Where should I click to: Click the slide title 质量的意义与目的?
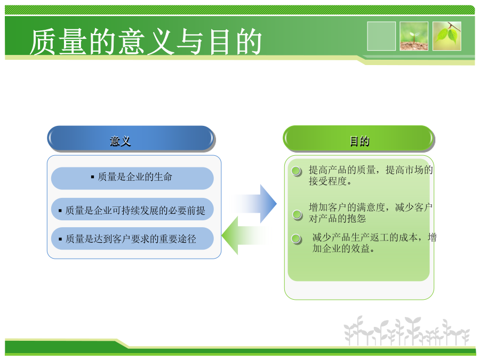point(146,42)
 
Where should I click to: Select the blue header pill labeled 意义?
point(131,139)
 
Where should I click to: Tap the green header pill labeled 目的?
point(359,139)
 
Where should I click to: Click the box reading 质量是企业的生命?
point(132,178)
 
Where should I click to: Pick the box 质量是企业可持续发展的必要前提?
point(132,210)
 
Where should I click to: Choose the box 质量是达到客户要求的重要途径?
point(132,238)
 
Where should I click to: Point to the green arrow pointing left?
point(244,236)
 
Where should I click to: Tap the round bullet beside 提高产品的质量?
point(297,171)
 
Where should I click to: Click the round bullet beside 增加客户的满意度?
point(297,214)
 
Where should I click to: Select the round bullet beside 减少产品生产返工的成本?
point(297,238)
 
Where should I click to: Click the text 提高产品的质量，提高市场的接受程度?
point(371,175)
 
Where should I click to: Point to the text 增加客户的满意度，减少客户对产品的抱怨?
point(371,213)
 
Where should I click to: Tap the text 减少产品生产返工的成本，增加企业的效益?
point(374,243)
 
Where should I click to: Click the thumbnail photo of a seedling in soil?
point(414,36)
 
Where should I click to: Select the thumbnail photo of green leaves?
point(447,36)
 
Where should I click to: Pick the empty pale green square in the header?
point(381,36)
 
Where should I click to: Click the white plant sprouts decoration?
point(406,331)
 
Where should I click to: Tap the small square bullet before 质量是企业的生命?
point(92,177)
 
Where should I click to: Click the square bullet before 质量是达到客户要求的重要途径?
point(60,239)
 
